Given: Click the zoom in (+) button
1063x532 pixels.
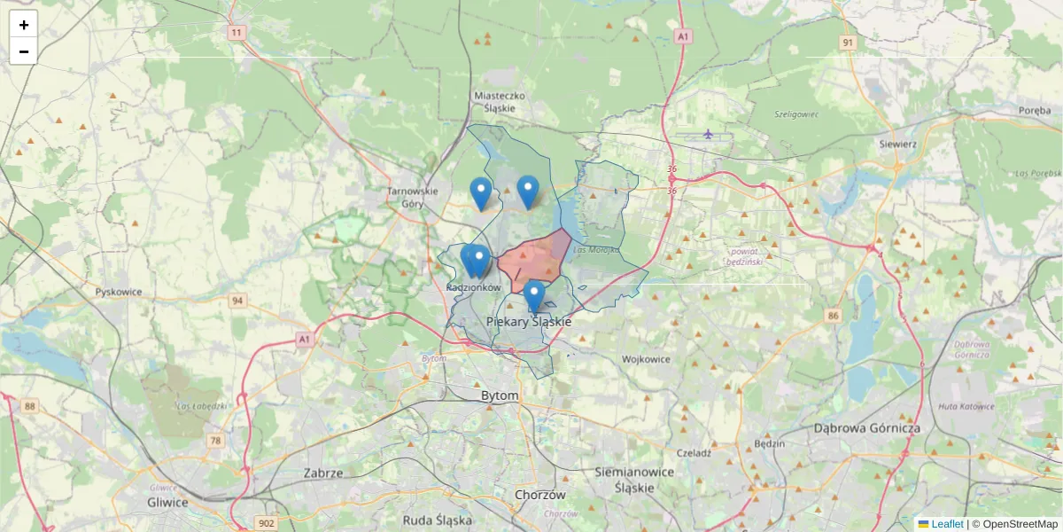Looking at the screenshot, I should coord(24,25).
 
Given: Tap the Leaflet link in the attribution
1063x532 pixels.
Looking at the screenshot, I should coord(946,524).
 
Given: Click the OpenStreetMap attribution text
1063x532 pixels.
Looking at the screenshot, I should coord(1020,524).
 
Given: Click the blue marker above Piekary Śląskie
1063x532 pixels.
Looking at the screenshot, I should coord(533,296).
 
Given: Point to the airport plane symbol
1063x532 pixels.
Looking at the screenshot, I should coord(708,134).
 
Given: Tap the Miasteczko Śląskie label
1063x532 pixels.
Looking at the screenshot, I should coord(500,101).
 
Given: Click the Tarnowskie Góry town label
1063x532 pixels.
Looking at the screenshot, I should coord(414,197).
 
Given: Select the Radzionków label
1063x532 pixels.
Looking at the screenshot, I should coord(475,288).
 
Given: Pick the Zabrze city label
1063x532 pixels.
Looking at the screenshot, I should coord(322,473).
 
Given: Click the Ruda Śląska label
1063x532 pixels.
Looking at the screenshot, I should coord(437,520).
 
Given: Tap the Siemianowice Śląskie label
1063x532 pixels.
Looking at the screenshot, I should coord(636,480).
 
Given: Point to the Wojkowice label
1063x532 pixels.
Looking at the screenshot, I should coord(646,359).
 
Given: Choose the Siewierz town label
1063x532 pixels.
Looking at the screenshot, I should coord(897,143).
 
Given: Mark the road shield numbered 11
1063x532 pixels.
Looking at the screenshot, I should coord(236,33).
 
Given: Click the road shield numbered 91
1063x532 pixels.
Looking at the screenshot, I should coord(849,43).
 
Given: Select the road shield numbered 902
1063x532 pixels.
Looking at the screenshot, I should coord(265,523).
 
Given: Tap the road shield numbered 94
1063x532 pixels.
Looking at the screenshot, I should coord(237,301).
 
